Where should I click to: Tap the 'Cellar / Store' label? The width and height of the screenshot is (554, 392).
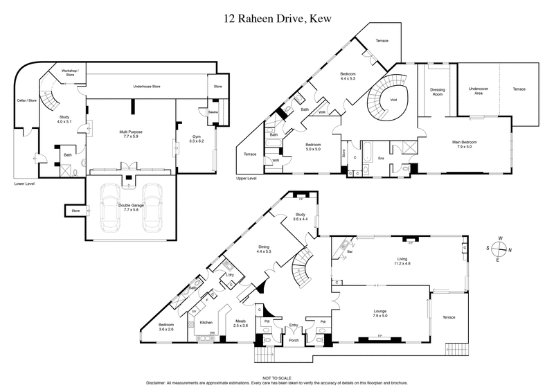[26, 101]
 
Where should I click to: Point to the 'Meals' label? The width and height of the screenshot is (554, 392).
[241, 322]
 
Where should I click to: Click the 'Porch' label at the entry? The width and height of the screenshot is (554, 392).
[293, 340]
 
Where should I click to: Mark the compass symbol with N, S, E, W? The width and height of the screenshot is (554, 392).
[499, 250]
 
